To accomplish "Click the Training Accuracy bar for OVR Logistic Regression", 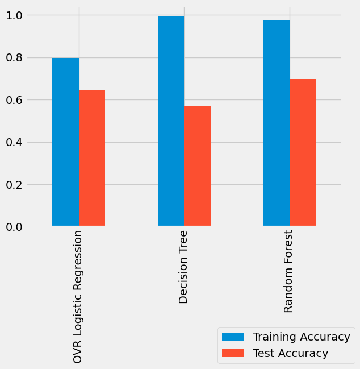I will [x=65, y=142].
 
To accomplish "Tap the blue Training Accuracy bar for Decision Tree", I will [x=171, y=121].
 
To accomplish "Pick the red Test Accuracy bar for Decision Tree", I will [x=197, y=166].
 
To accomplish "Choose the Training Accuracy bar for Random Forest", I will [x=276, y=123].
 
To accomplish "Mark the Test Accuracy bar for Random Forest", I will [x=303, y=152].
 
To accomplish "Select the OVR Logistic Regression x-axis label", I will [x=78, y=296].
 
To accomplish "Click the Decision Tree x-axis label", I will [x=183, y=267].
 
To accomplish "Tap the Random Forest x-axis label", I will [x=288, y=271].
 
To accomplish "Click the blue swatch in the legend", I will [x=233, y=337].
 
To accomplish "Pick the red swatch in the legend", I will [x=233, y=353].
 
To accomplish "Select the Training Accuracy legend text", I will [x=301, y=337].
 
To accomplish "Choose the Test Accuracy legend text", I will [x=290, y=353].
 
